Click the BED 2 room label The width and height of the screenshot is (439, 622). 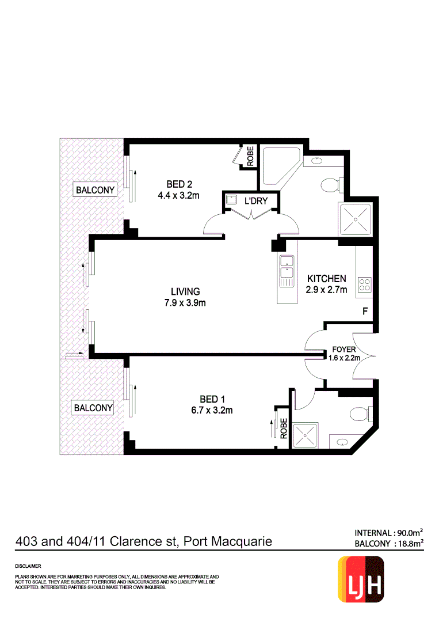[x=178, y=184]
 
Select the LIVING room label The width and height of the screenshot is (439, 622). [x=185, y=291]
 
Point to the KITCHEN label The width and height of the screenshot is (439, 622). [x=326, y=279]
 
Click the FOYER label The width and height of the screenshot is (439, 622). [x=344, y=350]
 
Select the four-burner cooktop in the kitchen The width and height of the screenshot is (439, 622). [x=365, y=284]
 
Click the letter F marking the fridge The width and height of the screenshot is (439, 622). [x=364, y=312]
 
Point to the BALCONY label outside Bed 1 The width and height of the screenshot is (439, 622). [x=93, y=408]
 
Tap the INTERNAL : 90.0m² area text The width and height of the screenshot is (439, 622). [x=389, y=532]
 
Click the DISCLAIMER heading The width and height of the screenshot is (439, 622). [x=28, y=567]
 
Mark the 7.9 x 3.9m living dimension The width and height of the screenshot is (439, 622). [x=185, y=303]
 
